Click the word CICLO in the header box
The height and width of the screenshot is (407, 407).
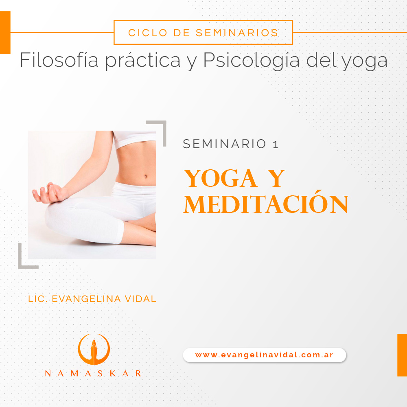148,33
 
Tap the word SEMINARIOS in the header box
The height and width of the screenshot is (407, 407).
237,33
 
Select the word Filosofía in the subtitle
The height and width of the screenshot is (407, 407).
59,60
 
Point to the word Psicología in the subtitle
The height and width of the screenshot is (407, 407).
251,61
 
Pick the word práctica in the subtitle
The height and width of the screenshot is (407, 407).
142,61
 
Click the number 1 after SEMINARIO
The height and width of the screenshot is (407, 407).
276,144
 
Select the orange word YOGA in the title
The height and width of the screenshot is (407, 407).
220,178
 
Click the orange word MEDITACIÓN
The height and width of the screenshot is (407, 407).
266,203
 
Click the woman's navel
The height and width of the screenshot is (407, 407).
146,177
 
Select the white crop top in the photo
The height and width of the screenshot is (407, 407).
135,139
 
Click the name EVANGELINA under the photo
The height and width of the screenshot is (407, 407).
86,299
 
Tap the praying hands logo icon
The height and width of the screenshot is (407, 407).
94,349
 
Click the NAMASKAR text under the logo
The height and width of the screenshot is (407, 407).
93,374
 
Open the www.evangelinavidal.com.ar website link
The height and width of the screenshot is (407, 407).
264,355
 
